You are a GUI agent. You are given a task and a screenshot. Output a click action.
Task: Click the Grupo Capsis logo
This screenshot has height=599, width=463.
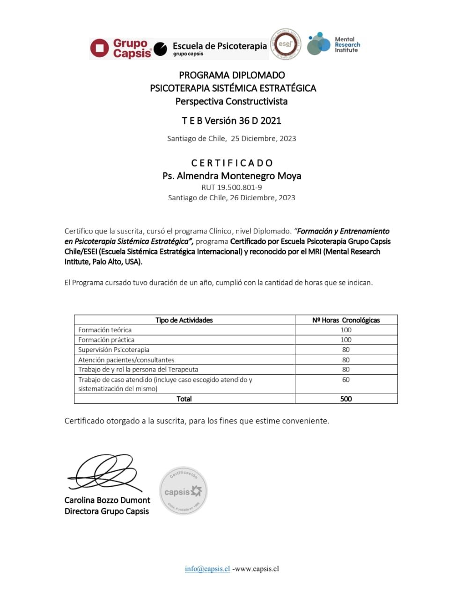tap(121, 48)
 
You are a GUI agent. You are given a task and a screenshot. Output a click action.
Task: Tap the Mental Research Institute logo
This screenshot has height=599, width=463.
tap(333, 44)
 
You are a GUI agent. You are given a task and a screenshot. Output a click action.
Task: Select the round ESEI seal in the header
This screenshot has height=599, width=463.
tap(285, 44)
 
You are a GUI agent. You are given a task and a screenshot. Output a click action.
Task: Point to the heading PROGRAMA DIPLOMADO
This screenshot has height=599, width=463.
tap(232, 75)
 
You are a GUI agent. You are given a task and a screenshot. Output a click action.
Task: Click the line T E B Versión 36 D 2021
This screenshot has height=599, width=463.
tap(231, 121)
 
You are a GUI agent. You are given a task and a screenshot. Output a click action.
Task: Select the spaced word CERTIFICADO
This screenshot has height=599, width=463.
tap(232, 163)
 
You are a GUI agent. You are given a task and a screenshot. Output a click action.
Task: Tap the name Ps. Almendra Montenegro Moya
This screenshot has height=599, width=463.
tap(232, 176)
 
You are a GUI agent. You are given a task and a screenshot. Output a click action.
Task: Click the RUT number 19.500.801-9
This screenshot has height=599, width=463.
tap(232, 187)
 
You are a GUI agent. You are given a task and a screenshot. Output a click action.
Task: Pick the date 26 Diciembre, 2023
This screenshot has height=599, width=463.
tap(262, 197)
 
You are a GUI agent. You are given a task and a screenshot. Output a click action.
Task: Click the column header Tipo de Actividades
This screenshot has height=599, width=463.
tap(184, 320)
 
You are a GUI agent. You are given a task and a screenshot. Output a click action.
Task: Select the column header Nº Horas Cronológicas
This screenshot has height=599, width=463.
tap(346, 320)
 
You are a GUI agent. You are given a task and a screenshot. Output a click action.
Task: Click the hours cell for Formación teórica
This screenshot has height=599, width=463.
tap(346, 330)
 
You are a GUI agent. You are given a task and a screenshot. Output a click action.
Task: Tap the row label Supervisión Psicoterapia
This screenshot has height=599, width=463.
tap(114, 350)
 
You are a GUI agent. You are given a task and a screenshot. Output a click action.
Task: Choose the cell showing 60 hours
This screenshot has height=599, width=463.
tap(346, 380)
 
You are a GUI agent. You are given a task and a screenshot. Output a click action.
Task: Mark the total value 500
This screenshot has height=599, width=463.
tap(346, 399)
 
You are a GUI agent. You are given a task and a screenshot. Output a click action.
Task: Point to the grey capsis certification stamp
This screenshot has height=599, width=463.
tap(183, 491)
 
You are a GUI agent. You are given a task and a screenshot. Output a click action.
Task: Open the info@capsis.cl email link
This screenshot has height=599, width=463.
tap(207, 569)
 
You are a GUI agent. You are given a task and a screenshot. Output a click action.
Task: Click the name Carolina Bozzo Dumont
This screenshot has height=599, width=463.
tap(107, 500)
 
